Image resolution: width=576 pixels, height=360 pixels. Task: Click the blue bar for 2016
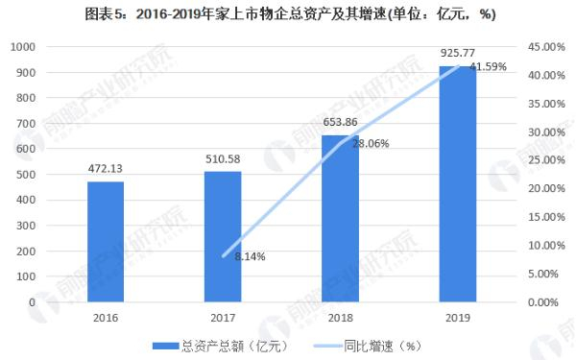point(106,241)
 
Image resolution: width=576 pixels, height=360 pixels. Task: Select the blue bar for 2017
point(223,236)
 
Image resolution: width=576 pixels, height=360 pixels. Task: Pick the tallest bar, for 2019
point(458,183)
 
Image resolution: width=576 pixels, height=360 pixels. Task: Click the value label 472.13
point(106,169)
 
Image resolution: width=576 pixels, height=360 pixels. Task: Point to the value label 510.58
point(223,159)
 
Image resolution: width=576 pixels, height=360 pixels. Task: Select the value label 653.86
point(340,123)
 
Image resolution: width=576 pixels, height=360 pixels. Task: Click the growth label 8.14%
point(250,256)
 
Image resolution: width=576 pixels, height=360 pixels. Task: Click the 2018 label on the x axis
point(340,317)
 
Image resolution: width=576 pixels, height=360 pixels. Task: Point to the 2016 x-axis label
point(106,317)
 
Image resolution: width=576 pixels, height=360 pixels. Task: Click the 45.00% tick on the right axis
point(542,47)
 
